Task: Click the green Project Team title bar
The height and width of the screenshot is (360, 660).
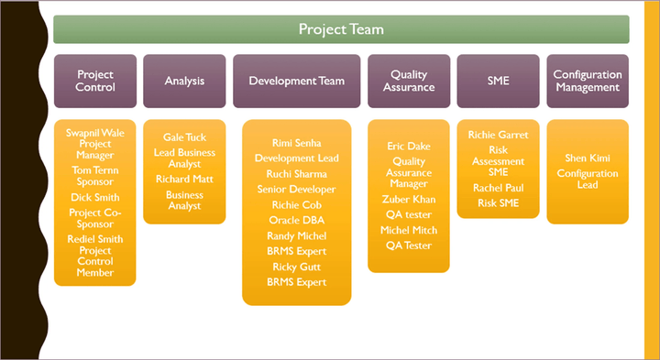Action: tap(341, 29)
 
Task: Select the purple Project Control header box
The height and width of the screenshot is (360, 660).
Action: tap(95, 81)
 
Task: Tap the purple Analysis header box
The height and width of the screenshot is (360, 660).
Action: tap(184, 81)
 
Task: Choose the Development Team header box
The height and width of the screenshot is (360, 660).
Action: tap(296, 81)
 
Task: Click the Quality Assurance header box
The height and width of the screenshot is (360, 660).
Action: tap(409, 81)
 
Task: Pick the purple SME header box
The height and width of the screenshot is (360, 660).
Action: tap(498, 81)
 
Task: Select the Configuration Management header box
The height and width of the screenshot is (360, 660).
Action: tap(588, 81)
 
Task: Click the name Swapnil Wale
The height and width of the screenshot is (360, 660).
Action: tap(95, 133)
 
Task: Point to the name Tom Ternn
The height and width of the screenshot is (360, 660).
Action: tap(95, 170)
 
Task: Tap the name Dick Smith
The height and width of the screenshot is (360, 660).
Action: tap(95, 197)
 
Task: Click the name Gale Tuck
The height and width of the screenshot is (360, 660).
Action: tap(184, 136)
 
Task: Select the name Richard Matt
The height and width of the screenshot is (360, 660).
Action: tap(184, 180)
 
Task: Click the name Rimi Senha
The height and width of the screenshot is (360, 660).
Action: tap(296, 143)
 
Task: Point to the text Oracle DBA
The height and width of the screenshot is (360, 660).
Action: tap(296, 220)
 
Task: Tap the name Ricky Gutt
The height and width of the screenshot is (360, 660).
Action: tap(296, 267)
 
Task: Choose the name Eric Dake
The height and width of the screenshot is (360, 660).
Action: tap(409, 146)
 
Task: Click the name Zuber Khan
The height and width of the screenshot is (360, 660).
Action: tap(409, 199)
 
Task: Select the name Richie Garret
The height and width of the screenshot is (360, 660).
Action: tap(498, 135)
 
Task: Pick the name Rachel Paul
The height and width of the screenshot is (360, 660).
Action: tap(498, 188)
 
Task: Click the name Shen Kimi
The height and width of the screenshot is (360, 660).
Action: tap(588, 158)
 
